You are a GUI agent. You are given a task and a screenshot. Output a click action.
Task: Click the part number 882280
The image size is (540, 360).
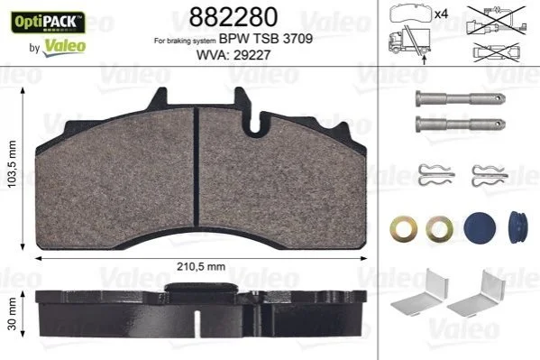tap(233, 16)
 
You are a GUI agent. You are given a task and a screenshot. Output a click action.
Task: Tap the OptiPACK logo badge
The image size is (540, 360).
tap(48, 23)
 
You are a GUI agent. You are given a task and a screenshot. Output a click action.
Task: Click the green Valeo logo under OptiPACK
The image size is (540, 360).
tap(64, 47)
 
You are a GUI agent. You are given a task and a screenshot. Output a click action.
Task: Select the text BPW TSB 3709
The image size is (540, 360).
tap(266, 39)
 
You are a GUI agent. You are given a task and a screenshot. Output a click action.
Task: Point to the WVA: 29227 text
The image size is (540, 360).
tap(233, 55)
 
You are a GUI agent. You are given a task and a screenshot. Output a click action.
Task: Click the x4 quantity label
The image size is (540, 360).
tap(441, 14)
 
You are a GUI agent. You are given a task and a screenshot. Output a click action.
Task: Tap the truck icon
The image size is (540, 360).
tap(409, 41)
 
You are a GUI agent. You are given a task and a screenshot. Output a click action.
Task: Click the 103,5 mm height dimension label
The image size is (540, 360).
tap(12, 164)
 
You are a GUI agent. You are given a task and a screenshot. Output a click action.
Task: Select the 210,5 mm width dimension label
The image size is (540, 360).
tap(201, 266)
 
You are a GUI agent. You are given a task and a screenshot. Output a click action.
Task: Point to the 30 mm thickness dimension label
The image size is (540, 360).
tap(12, 314)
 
